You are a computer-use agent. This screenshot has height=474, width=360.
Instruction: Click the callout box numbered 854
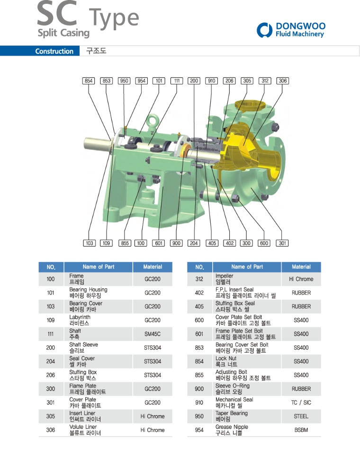(89, 81)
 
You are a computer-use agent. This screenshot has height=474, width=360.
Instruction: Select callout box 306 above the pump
(283, 81)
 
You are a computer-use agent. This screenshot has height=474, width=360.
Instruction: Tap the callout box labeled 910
(212, 81)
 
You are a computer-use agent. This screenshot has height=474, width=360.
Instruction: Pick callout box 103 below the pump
(90, 243)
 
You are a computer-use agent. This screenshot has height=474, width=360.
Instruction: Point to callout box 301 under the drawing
(282, 243)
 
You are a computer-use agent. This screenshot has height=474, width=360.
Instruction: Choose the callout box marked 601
(159, 243)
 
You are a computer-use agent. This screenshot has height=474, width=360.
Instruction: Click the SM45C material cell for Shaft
(153, 334)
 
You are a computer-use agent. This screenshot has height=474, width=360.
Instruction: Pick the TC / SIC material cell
(301, 402)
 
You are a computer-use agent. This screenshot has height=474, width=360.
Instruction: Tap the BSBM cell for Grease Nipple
(301, 430)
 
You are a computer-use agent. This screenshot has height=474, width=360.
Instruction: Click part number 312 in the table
(199, 279)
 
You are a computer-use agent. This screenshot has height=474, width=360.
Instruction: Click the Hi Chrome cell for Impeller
(301, 279)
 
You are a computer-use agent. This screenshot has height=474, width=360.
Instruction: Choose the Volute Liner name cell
(85, 430)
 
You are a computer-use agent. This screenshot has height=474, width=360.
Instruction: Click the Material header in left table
(153, 267)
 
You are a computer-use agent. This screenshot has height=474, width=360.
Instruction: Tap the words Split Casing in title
(63, 33)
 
